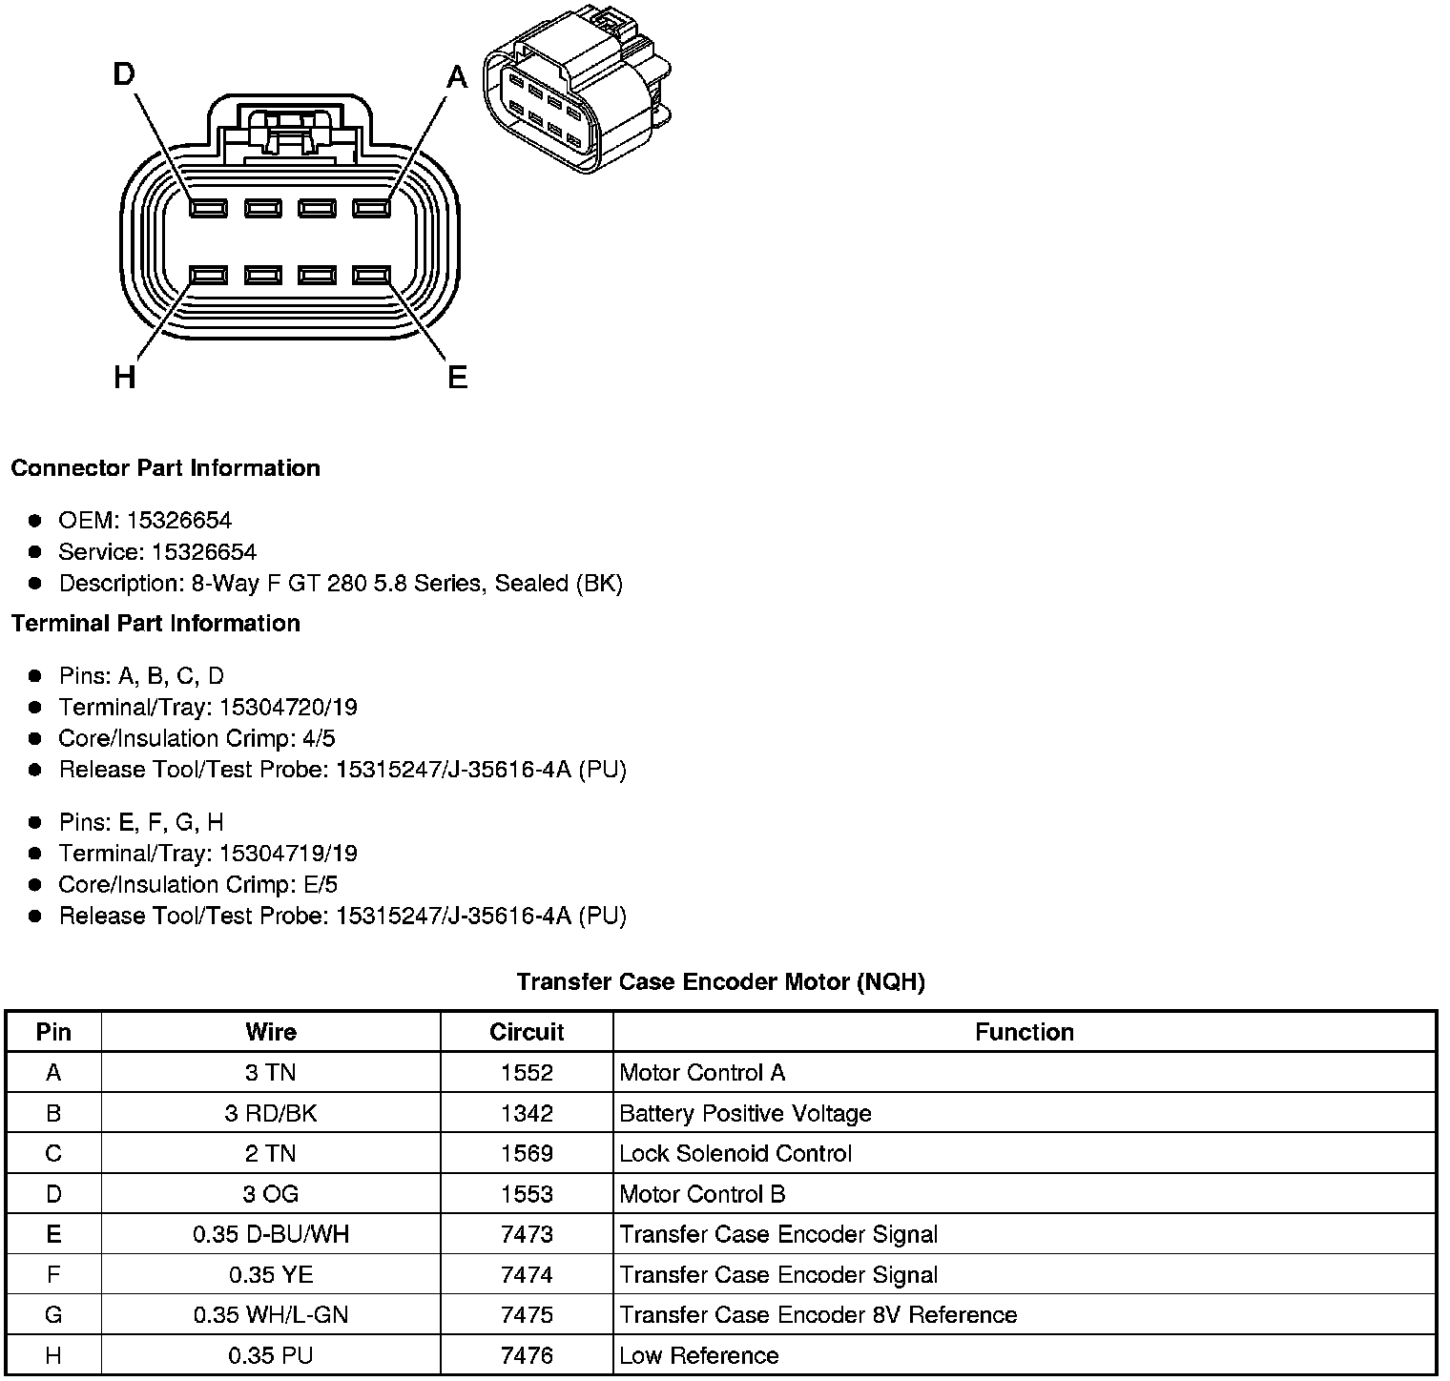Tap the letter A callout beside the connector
[x=458, y=76]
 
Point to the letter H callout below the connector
[x=124, y=379]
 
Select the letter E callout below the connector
[x=458, y=379]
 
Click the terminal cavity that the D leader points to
[x=208, y=208]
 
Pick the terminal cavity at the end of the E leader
[x=372, y=276]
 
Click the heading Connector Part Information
[x=165, y=468]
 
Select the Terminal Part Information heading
[x=155, y=624]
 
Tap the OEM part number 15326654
[x=179, y=521]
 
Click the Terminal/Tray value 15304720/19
[x=288, y=708]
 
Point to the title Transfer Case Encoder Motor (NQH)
[x=721, y=981]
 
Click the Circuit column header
[x=527, y=1032]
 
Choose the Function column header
[x=1025, y=1032]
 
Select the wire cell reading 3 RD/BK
[x=271, y=1113]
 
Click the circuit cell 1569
[x=527, y=1154]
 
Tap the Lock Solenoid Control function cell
[x=735, y=1154]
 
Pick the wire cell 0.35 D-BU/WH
[x=271, y=1235]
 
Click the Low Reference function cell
[x=699, y=1356]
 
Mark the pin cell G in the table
[x=53, y=1316]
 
